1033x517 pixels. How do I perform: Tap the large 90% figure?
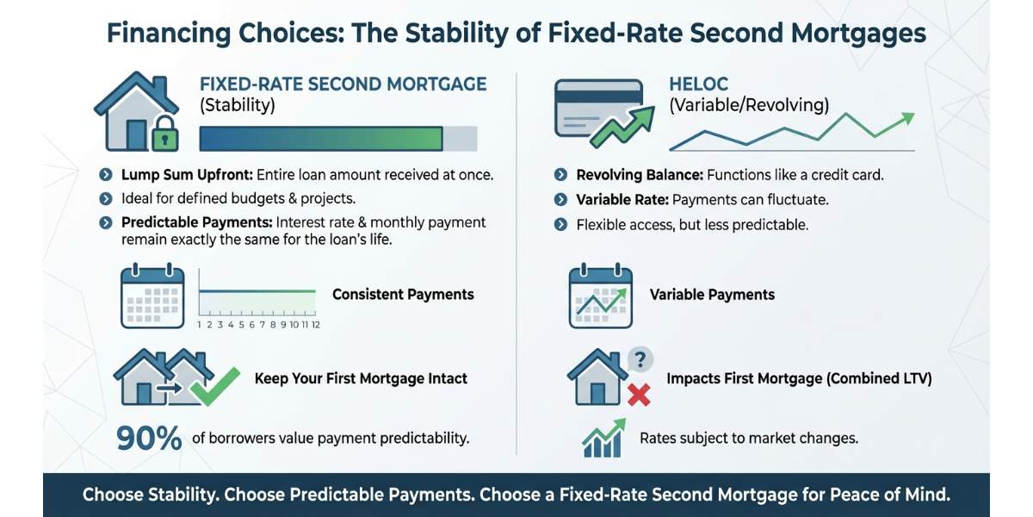(149, 438)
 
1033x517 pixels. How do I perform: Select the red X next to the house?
(639, 396)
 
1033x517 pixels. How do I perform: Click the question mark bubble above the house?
(640, 359)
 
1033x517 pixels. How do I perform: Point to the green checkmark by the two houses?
(215, 386)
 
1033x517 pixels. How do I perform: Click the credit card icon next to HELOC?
(598, 108)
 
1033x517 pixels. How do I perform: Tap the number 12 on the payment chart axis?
(315, 325)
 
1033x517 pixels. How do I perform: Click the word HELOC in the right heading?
(698, 84)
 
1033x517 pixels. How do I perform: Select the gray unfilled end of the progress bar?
(460, 139)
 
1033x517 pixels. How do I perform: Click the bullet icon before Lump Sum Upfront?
(106, 175)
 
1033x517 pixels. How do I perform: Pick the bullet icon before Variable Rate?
(560, 200)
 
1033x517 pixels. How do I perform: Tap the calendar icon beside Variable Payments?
(601, 296)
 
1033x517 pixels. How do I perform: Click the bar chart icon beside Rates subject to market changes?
(603, 438)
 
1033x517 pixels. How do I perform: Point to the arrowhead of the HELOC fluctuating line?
(909, 118)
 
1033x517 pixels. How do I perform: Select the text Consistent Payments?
(403, 295)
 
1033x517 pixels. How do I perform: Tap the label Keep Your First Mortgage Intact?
(361, 378)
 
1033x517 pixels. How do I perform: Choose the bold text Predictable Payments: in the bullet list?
(196, 222)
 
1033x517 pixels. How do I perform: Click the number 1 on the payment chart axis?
(199, 325)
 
